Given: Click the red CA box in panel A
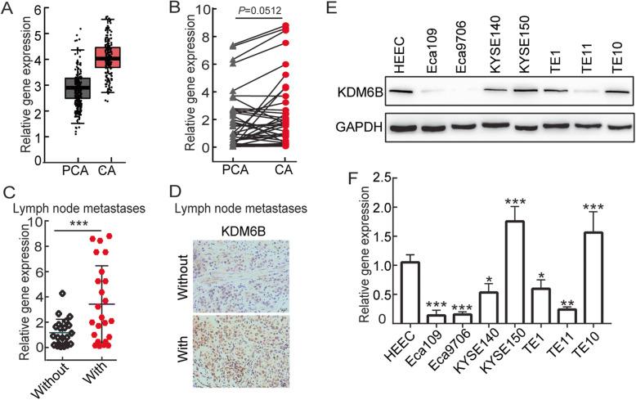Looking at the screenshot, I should click(107, 57).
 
